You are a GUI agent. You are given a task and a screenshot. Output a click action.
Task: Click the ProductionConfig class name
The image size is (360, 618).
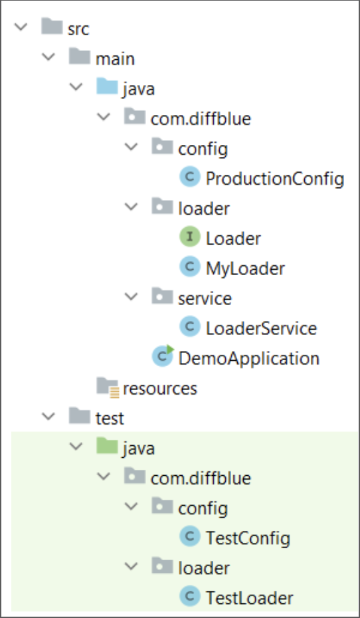275,179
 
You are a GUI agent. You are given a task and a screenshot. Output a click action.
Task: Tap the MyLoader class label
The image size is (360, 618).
245,269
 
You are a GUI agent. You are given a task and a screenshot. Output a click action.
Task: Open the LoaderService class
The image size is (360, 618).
261,328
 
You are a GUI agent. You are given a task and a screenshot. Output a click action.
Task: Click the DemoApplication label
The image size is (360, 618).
248,358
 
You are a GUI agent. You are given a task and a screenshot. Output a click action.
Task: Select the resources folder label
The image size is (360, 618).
160,389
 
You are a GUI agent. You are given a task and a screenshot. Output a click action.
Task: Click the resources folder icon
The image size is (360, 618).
108,387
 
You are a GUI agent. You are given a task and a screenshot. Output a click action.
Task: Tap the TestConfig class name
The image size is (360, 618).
248,538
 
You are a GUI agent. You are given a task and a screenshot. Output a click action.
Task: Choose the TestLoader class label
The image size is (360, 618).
249,598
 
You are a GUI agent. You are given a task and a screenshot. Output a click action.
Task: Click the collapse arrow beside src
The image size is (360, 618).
21,27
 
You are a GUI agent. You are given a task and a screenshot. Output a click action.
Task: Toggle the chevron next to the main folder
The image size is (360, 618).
48,56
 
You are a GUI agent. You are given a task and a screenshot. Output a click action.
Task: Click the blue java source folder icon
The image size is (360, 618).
107,86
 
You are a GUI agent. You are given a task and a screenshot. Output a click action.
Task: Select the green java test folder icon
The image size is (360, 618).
107,446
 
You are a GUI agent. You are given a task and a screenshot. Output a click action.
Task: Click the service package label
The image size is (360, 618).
205,298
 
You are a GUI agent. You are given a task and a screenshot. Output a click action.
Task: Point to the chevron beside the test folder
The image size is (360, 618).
48,416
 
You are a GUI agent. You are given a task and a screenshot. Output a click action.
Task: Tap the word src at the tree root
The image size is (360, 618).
78,29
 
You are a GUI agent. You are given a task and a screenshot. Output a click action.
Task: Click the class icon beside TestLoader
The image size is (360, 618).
190,596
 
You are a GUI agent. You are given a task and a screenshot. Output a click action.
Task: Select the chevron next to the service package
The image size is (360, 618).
131,296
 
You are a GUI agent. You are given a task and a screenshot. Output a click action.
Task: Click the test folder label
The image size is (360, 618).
110,418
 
